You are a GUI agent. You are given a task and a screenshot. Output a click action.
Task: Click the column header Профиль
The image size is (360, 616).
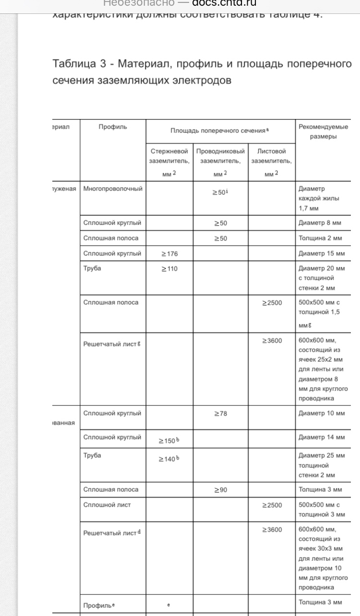point(113,127)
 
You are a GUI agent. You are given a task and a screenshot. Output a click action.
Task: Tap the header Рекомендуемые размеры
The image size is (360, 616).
point(323,131)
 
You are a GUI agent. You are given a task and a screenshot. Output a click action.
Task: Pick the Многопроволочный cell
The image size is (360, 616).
point(113,189)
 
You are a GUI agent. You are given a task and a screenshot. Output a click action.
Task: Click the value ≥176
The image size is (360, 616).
point(169,253)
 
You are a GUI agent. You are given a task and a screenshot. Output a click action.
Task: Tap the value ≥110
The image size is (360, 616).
point(169,269)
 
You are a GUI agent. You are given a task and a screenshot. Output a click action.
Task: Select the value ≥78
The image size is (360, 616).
point(220,414)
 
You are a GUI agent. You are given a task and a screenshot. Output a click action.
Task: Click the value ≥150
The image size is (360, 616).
point(168,441)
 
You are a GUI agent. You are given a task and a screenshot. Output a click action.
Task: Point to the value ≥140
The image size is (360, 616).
point(168,459)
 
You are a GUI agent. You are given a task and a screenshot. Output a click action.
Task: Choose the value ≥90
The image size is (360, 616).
point(220,490)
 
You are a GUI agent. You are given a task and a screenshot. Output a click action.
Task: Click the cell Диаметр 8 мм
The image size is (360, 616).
point(320,223)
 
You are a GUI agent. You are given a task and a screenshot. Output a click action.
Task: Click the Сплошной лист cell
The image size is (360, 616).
point(107,505)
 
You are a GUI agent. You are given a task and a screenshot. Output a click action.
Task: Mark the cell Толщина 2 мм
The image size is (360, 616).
point(320,238)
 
